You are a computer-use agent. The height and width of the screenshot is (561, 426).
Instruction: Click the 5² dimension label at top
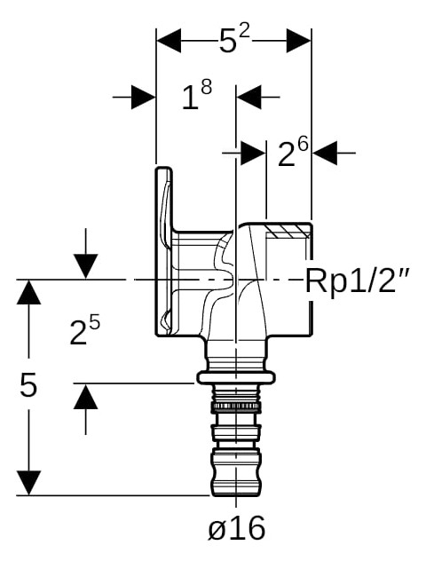[234, 40]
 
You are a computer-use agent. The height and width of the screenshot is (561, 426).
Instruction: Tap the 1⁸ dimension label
[197, 95]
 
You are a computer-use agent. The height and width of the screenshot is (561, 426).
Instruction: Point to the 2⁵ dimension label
[85, 331]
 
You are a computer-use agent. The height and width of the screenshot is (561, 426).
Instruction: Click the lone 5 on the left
[28, 384]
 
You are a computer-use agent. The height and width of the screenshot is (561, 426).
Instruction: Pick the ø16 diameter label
[236, 527]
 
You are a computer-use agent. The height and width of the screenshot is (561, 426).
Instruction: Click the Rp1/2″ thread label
[358, 280]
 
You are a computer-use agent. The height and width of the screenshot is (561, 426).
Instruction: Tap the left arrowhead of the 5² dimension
[169, 41]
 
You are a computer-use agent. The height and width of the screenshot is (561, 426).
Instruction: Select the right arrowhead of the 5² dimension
[299, 41]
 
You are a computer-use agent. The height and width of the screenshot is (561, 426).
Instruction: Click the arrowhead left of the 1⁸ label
[144, 97]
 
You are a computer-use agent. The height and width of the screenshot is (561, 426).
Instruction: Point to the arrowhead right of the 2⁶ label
[325, 154]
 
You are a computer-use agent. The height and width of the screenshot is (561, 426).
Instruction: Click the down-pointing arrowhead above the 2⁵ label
[85, 266]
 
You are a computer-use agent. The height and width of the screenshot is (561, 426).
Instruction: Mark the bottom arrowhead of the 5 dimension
[28, 483]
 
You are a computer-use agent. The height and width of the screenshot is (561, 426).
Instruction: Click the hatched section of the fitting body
[288, 231]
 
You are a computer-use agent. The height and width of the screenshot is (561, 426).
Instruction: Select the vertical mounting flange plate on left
[164, 251]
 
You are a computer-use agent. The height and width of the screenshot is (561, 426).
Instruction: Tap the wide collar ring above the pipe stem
[236, 377]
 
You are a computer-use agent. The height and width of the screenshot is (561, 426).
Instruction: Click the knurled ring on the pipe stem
[236, 406]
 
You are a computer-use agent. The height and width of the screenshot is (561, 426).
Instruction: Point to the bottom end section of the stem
[236, 471]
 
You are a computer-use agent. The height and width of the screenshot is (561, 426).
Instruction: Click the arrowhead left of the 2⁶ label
[253, 154]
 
